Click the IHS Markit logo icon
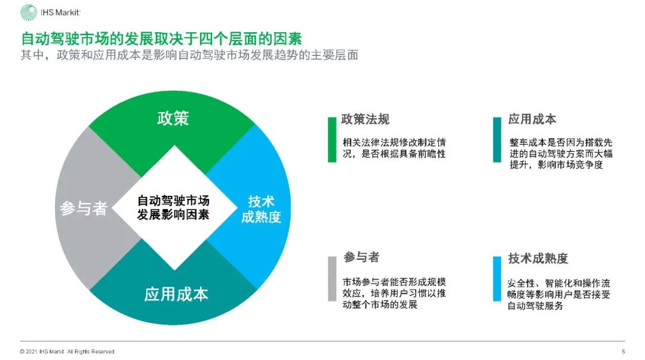point(28,12)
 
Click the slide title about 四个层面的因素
point(161,39)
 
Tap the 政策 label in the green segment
point(173,118)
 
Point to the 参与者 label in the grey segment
point(84,208)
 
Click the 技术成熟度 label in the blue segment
point(261,209)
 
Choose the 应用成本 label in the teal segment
point(176,294)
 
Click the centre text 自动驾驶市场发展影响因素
point(173,207)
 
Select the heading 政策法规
point(365,119)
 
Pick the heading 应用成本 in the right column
point(532,119)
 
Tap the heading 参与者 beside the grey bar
point(361,257)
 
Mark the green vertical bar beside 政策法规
point(332,140)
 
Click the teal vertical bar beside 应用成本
point(497,140)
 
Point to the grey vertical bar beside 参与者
point(332,278)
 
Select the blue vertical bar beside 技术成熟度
point(497,278)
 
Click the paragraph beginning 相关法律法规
point(394,149)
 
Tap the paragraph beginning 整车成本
point(561,154)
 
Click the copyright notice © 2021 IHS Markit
point(67,352)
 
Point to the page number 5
point(623,352)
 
